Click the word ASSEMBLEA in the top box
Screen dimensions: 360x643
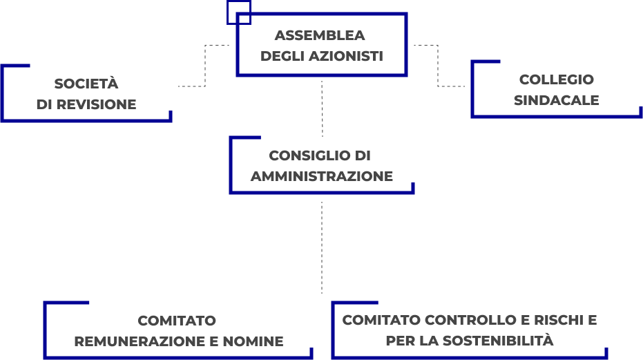coord(320,36)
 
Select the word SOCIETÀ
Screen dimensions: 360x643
coord(86,84)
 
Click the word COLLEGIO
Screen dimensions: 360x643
coord(556,79)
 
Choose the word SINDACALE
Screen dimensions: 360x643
coord(556,100)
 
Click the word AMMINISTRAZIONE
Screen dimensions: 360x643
coord(322,176)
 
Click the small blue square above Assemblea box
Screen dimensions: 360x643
coord(238,12)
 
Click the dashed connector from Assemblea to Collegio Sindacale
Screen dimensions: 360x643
coord(438,66)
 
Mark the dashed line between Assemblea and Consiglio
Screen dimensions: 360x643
coord(323,107)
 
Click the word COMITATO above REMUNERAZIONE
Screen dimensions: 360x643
coord(177,321)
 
